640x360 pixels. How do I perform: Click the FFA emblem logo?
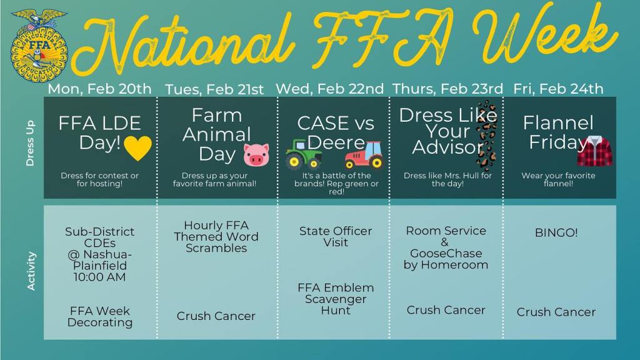tap(39, 45)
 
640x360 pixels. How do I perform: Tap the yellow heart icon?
tap(137, 147)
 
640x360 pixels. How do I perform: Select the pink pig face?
tap(256, 155)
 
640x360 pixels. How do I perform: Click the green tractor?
tap(303, 154)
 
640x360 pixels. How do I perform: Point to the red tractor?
tap(364, 155)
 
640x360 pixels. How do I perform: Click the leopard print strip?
tap(486, 136)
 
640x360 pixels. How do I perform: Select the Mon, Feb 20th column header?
tap(99, 89)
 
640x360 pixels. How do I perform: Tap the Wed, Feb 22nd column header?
tap(330, 89)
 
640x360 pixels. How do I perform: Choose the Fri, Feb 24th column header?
tap(558, 89)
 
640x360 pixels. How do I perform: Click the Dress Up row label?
tap(30, 143)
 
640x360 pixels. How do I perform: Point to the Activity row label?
tap(31, 271)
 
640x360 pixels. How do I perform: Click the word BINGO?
tap(556, 232)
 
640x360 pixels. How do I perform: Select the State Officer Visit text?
tap(336, 237)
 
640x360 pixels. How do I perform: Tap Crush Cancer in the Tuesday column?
tap(216, 316)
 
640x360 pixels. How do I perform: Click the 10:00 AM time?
tap(99, 277)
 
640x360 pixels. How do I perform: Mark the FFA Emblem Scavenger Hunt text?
tap(336, 299)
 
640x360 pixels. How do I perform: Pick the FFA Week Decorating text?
tap(100, 317)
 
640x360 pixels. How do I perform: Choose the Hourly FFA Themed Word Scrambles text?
tap(216, 237)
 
